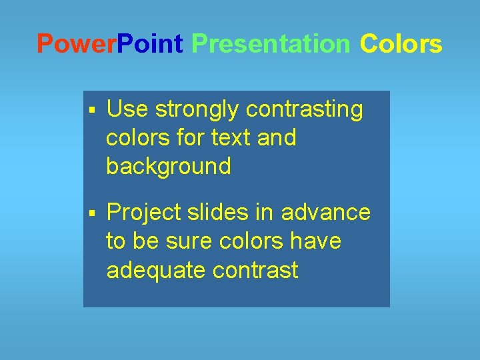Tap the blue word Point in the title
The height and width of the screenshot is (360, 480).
coord(150,44)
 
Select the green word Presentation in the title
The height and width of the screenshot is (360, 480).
coord(271,44)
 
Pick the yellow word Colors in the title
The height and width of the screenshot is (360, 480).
coord(401,44)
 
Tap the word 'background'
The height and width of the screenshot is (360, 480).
coord(168,166)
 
